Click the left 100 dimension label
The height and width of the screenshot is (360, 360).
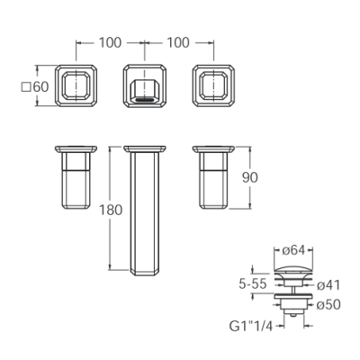click(110, 43)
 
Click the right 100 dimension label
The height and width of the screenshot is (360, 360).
click(178, 43)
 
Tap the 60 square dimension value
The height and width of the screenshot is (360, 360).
click(40, 87)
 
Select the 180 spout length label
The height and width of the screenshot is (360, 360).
click(111, 210)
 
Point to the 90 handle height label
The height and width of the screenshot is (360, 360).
click(249, 177)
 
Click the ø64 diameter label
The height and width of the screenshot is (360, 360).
click(293, 250)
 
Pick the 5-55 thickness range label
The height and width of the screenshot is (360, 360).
click(253, 283)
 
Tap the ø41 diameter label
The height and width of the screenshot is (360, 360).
click(328, 284)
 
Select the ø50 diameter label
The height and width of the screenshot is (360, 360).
click(328, 305)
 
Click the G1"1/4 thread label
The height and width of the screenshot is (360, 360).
click(251, 326)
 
